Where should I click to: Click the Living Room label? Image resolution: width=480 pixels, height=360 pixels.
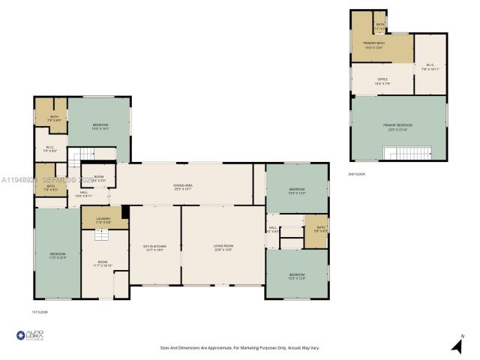(223, 247)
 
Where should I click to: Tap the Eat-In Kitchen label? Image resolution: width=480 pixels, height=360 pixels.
(154, 247)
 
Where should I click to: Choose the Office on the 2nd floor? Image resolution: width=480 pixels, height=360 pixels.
(382, 82)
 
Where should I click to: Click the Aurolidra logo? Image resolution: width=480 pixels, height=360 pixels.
(29, 336)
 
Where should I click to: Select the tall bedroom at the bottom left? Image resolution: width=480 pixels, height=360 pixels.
(58, 255)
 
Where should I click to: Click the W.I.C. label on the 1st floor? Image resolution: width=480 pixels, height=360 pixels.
(50, 149)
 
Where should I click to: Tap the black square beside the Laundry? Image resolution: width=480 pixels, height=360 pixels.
(125, 213)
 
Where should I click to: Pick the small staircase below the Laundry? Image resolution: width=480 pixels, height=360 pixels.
(98, 234)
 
